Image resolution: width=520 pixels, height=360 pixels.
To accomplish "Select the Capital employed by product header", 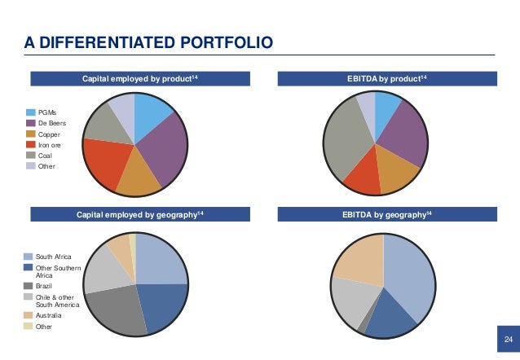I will coord(134,79).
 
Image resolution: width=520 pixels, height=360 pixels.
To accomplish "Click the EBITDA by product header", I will coord(382,79).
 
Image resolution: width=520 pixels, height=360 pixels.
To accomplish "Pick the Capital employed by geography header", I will coord(134,215).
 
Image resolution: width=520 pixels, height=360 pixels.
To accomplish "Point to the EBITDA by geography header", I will coord(382,215).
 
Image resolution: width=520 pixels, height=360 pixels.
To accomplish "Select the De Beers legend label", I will coord(51,123).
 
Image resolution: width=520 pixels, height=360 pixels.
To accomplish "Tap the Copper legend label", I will coord(50,134).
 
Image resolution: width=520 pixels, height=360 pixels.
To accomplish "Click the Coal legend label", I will coord(46,155).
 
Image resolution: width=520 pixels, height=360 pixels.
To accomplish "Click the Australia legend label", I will coord(52,314).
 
